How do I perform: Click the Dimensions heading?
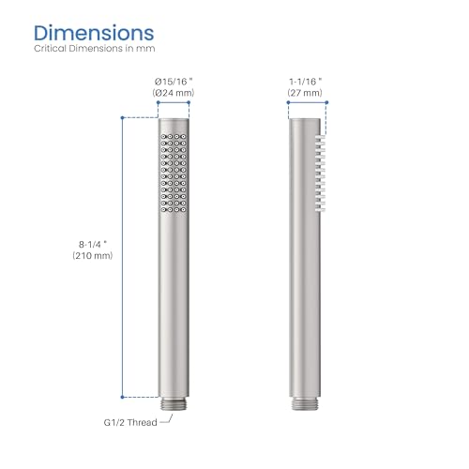pyautogui.click(x=94, y=33)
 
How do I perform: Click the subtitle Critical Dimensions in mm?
pyautogui.click(x=95, y=49)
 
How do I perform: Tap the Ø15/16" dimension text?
pyautogui.click(x=174, y=82)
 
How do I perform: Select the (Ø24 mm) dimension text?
pyautogui.click(x=174, y=93)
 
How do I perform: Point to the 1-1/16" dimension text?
pyautogui.click(x=306, y=82)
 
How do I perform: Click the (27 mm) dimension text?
pyautogui.click(x=305, y=93)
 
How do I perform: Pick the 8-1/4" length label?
pyautogui.click(x=93, y=244)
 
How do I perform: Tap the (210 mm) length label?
pyautogui.click(x=93, y=255)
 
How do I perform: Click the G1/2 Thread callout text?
pyautogui.click(x=130, y=422)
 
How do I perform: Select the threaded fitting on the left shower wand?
pyautogui.click(x=174, y=403)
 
